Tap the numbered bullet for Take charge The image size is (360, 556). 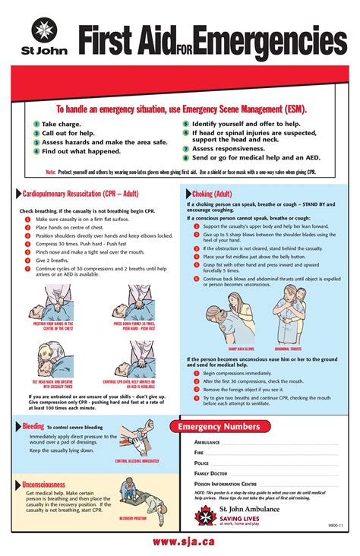click(x=36, y=124)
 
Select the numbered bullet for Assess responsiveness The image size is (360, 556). click(x=186, y=149)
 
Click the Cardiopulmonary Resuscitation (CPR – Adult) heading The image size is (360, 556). click(x=79, y=194)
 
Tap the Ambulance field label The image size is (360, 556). click(x=207, y=442)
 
